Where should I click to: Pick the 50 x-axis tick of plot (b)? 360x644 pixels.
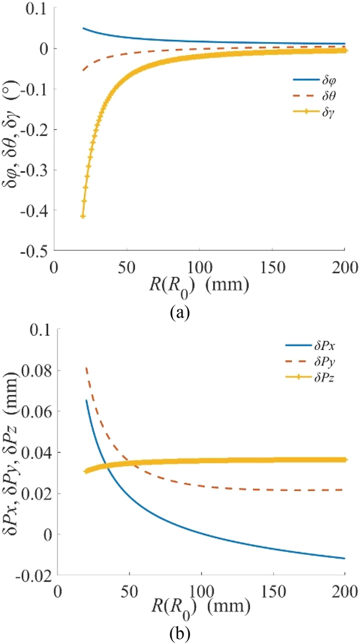pos(130,591)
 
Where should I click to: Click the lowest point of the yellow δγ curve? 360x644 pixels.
pos(83,216)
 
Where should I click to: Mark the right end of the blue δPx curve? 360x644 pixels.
pos(344,558)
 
